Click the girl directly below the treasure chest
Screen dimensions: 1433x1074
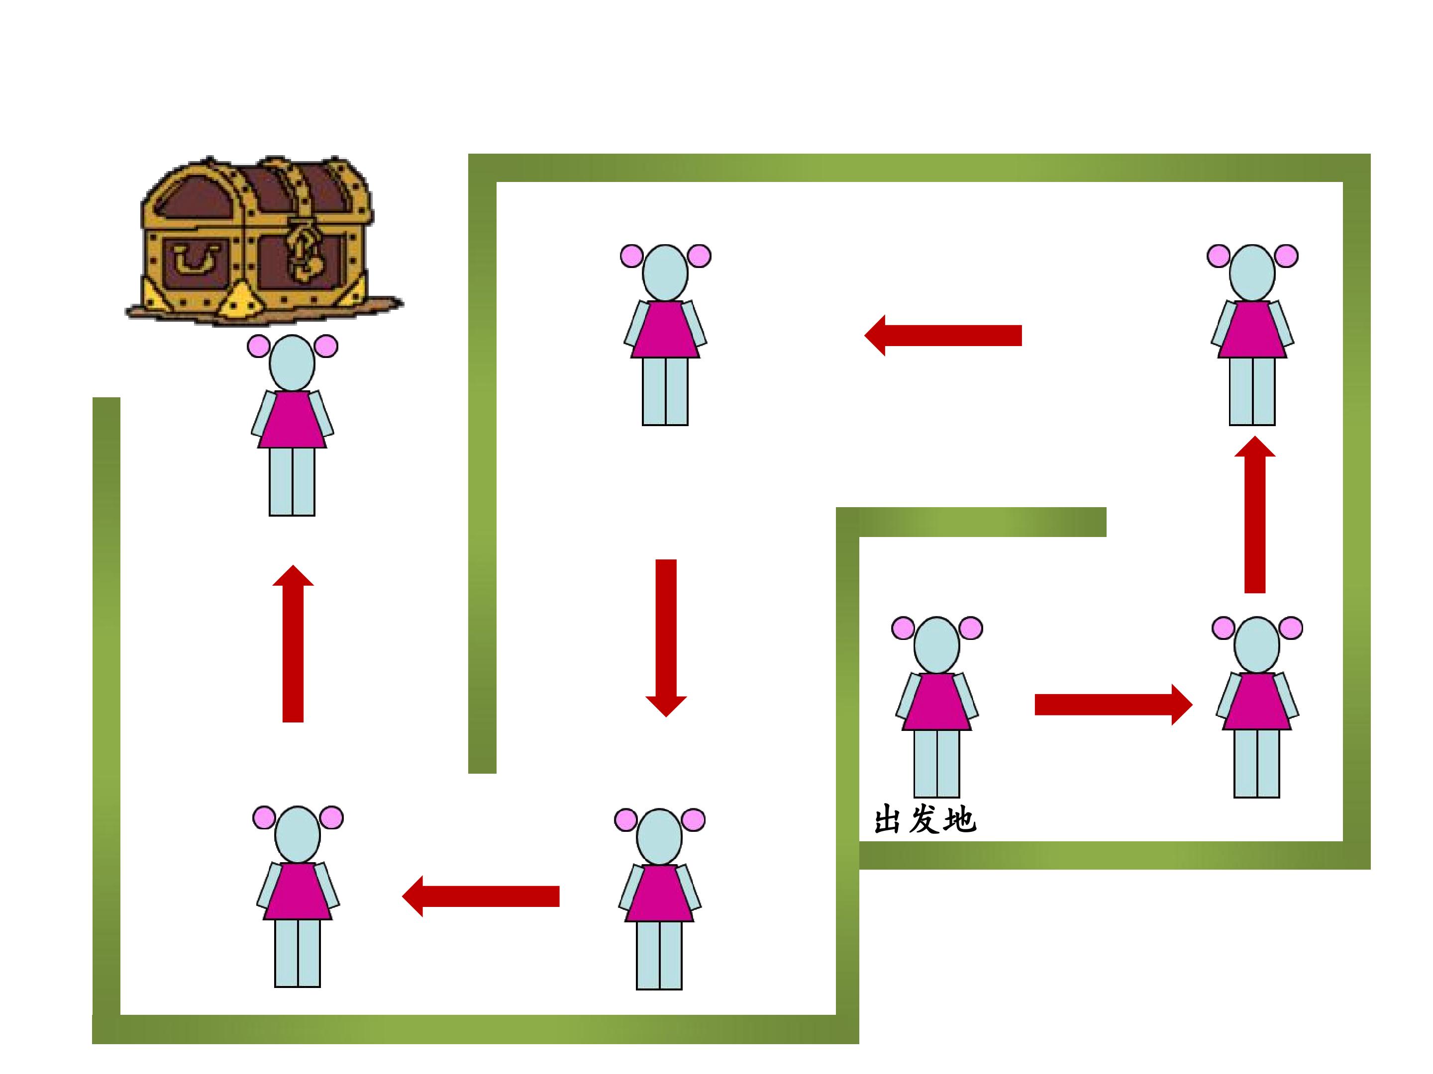tap(292, 425)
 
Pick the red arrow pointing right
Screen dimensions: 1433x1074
tap(1114, 705)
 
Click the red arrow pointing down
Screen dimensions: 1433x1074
tap(666, 637)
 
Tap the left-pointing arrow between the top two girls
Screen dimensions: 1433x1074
tap(942, 335)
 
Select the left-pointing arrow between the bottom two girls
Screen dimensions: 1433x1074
tap(481, 896)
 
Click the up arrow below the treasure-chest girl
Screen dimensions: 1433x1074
tap(293, 643)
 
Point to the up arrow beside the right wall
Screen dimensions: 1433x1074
tap(1255, 514)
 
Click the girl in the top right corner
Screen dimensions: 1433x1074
tap(1252, 335)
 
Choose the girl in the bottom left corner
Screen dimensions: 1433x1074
tap(298, 896)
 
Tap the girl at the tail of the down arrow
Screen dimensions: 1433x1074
tap(665, 335)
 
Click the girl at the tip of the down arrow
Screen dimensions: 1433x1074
tap(659, 899)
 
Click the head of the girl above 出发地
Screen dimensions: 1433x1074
tap(937, 645)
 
